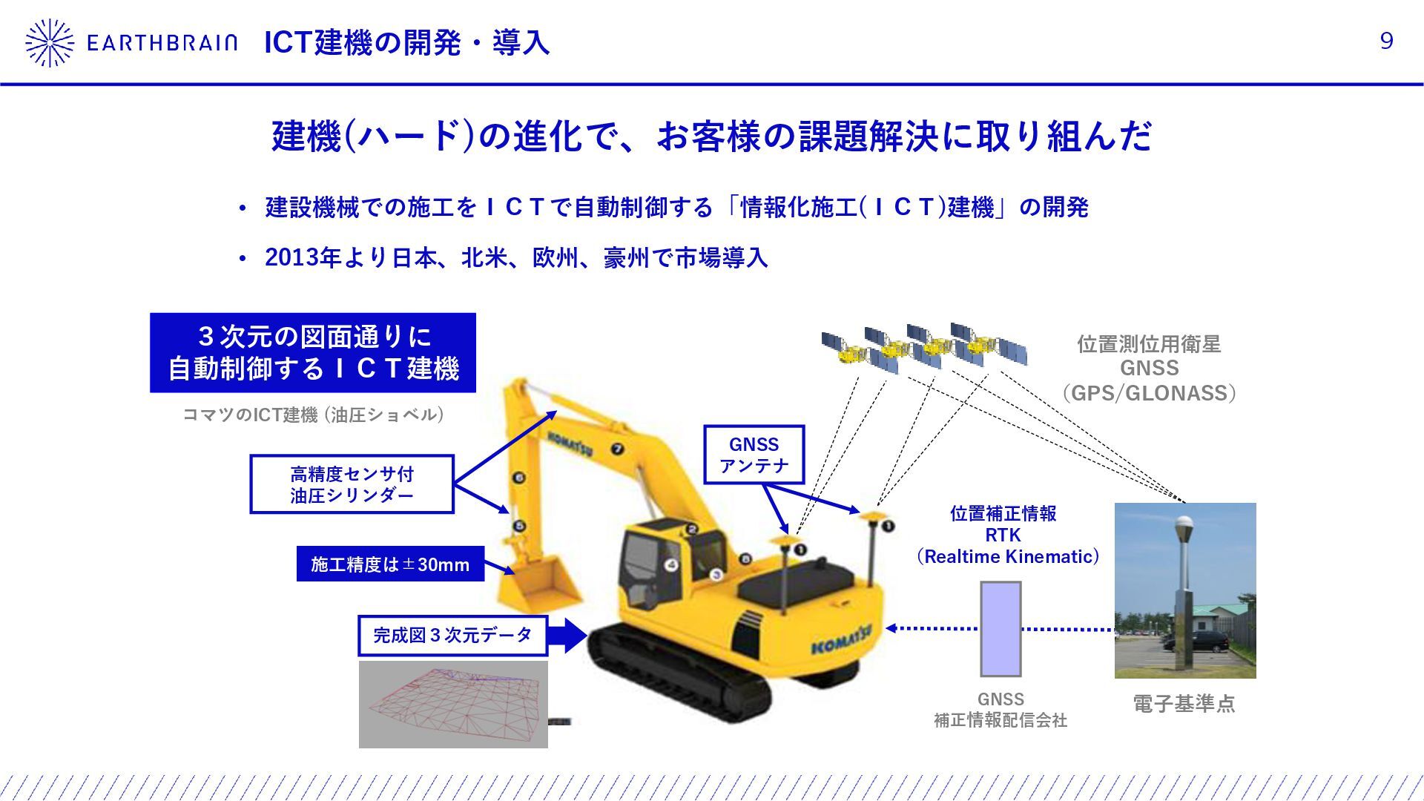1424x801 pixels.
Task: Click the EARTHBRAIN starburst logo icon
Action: (50, 42)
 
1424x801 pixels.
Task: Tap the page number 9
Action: (1386, 42)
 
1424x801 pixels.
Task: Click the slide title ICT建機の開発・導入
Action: (406, 43)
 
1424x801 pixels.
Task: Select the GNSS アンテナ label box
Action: (754, 455)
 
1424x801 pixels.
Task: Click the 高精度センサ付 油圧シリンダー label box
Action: (352, 484)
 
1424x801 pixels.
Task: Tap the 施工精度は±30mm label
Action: (390, 564)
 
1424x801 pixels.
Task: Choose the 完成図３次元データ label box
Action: (452, 636)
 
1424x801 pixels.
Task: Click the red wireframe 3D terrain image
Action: (453, 704)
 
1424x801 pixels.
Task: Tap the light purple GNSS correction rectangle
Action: (1001, 629)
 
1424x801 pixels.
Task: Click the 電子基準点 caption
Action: (1184, 704)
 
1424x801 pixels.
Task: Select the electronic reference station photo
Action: (1184, 590)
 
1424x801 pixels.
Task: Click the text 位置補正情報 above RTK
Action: (1003, 513)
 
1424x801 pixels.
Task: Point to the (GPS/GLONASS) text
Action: (1149, 393)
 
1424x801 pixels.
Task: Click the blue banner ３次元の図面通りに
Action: (312, 353)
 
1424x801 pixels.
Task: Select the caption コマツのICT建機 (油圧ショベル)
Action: (313, 415)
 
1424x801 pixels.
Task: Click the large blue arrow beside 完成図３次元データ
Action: (567, 635)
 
